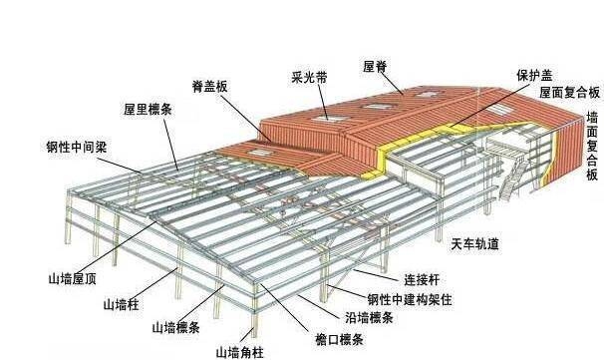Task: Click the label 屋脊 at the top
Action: coord(375,67)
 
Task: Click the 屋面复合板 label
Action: coord(569,92)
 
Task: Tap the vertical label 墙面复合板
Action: coord(593,145)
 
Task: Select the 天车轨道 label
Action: coord(475,244)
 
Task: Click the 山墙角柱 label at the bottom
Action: coord(240,352)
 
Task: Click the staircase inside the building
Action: coord(514,180)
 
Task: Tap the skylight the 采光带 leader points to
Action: coord(327,118)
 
